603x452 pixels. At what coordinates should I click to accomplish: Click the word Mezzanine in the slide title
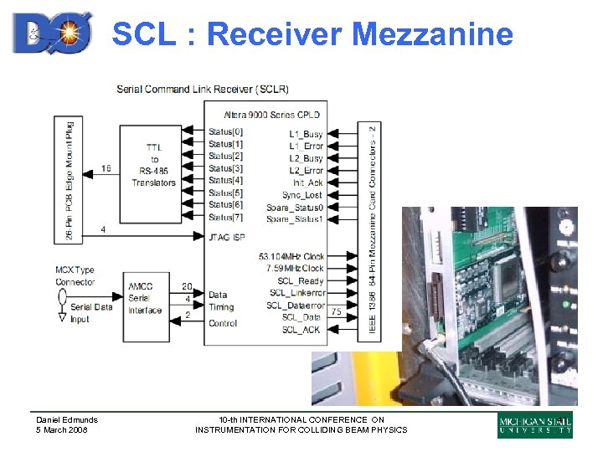(x=432, y=33)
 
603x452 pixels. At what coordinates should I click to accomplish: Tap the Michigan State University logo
(x=535, y=425)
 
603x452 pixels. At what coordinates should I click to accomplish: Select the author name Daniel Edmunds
(x=67, y=419)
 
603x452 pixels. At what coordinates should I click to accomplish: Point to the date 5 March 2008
(x=62, y=430)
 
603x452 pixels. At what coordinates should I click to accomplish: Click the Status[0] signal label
(x=225, y=131)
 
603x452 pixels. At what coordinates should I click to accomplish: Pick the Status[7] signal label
(x=225, y=218)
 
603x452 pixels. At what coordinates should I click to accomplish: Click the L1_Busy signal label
(x=306, y=133)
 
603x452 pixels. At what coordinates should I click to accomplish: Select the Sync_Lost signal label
(x=302, y=194)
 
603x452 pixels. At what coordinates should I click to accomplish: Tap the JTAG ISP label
(x=227, y=238)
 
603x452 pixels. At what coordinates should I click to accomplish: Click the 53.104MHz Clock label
(x=291, y=256)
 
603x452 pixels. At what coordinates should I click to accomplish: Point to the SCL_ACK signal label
(x=301, y=331)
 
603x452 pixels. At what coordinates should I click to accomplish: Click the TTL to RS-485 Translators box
(x=154, y=165)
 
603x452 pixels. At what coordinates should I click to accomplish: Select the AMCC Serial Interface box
(x=146, y=299)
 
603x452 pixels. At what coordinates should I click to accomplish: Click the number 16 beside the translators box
(x=105, y=168)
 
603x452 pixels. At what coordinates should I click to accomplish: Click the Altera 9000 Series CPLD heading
(x=271, y=115)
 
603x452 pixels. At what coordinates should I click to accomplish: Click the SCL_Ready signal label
(x=301, y=281)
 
